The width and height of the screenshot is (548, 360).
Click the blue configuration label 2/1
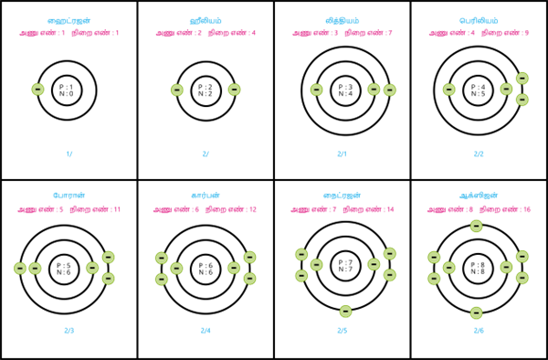click(342, 154)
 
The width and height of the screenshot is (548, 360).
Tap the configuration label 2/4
click(205, 331)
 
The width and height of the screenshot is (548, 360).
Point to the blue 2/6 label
click(479, 331)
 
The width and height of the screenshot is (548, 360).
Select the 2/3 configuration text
click(68, 331)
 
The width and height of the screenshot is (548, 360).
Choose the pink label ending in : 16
click(505, 210)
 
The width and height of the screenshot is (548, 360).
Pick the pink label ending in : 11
click(95, 210)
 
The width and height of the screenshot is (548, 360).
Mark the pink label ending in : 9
click(505, 34)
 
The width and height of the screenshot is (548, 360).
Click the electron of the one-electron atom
click(37, 90)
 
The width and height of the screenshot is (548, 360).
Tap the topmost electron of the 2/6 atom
click(476, 226)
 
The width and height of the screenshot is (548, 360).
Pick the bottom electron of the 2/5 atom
click(345, 312)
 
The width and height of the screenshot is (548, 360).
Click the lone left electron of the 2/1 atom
click(316, 90)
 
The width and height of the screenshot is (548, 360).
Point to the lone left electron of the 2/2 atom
click(448, 90)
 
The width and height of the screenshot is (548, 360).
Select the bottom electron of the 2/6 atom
click(476, 312)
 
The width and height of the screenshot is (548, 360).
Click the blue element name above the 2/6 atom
click(479, 196)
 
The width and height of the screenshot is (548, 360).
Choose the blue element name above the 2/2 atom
click(479, 20)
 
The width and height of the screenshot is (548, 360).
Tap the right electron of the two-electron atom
click(234, 90)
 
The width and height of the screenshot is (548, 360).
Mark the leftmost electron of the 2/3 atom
click(20, 269)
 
